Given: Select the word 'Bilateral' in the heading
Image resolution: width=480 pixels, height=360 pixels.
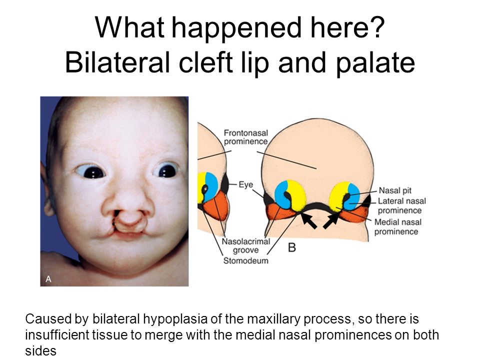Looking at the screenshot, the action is pyautogui.click(x=117, y=62).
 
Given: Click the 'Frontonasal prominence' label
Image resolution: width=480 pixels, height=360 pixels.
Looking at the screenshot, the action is pyautogui.click(x=246, y=137).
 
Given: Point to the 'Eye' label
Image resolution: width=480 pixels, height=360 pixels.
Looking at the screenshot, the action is pyautogui.click(x=246, y=185).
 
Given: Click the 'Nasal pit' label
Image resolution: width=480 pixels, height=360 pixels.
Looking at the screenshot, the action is pyautogui.click(x=395, y=190).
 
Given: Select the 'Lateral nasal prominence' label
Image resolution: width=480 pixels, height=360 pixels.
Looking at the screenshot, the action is pyautogui.click(x=401, y=205).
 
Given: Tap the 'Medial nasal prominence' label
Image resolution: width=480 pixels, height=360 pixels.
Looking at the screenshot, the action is pyautogui.click(x=397, y=227).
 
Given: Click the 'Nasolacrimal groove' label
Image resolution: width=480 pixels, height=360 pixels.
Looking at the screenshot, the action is pyautogui.click(x=246, y=246).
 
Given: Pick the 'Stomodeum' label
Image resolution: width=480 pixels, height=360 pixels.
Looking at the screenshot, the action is pyautogui.click(x=246, y=260).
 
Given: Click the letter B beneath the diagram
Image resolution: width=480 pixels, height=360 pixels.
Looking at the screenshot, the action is pyautogui.click(x=292, y=247).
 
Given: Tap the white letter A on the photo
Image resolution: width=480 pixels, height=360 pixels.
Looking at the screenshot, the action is pyautogui.click(x=48, y=279).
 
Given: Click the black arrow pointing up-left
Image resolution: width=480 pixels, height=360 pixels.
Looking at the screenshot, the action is pyautogui.click(x=308, y=220).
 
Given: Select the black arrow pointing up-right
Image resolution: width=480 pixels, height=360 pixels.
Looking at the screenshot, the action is pyautogui.click(x=331, y=220).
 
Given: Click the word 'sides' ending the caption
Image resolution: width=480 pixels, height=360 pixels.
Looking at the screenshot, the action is pyautogui.click(x=40, y=350).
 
